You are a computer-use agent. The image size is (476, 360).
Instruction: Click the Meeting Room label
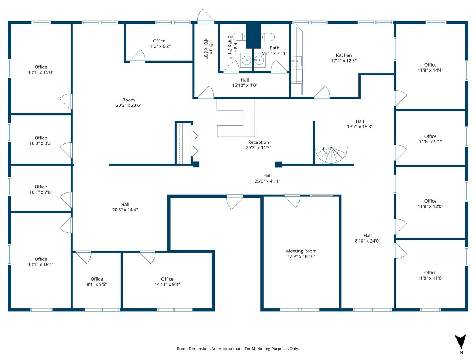[301, 251]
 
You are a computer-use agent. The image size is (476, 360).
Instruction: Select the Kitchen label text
[344, 56]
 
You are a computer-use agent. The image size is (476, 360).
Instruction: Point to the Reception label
[259, 142]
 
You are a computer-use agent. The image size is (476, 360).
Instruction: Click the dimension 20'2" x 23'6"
[129, 105]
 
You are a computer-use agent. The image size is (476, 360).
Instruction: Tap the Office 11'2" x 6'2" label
[159, 44]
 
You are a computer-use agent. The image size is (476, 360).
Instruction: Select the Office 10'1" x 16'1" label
[41, 262]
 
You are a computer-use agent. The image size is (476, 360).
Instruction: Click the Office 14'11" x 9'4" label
[167, 281]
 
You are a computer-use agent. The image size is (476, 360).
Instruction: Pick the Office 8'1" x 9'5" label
[97, 281]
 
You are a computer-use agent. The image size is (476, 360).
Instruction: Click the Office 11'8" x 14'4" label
[430, 67]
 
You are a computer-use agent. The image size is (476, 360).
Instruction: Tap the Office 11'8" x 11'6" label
[430, 275]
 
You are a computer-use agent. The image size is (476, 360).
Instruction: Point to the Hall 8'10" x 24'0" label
[368, 238]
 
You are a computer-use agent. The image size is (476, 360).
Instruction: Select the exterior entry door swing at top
[205, 16]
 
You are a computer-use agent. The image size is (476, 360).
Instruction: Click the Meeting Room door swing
[292, 201]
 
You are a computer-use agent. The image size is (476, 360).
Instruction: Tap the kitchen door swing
[322, 93]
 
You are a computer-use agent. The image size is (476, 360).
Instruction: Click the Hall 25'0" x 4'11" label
[267, 178]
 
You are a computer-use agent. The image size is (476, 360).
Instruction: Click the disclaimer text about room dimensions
[238, 349]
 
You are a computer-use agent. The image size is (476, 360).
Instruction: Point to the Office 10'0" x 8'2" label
[41, 140]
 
